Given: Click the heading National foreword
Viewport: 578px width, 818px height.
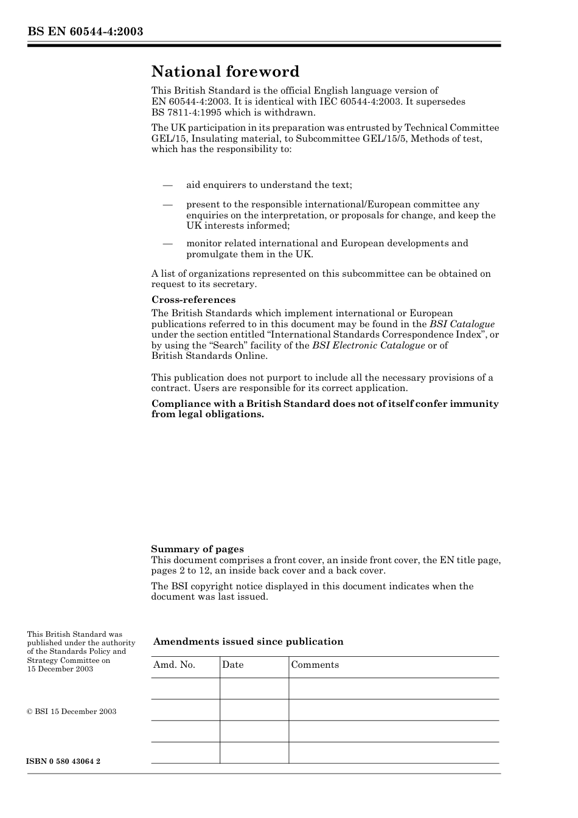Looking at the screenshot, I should click(225, 72).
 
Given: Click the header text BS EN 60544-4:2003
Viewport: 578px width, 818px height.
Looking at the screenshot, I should click(85, 32).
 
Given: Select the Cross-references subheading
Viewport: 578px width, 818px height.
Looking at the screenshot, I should click(193, 300).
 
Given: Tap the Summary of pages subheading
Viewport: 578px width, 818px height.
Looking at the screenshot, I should click(197, 549).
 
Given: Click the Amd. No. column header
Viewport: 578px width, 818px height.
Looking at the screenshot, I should click(174, 665).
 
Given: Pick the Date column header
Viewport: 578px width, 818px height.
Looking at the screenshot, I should click(232, 665).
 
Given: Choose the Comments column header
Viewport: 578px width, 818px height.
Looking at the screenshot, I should click(315, 665).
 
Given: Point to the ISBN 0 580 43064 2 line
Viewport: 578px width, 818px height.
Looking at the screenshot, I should click(64, 761).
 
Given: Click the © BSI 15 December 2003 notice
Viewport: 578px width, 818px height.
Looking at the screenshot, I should click(72, 712).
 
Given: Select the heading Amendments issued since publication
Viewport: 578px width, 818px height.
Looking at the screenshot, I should click(248, 642).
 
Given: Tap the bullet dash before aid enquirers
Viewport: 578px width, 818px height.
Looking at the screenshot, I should click(167, 185).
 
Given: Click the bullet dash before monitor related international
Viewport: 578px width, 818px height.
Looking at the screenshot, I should click(167, 243).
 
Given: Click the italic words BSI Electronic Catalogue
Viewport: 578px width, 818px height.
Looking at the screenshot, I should click(368, 345).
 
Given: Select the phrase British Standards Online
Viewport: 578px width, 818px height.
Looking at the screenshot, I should click(209, 356).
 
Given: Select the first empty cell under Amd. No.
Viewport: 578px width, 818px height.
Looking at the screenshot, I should click(185, 688).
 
